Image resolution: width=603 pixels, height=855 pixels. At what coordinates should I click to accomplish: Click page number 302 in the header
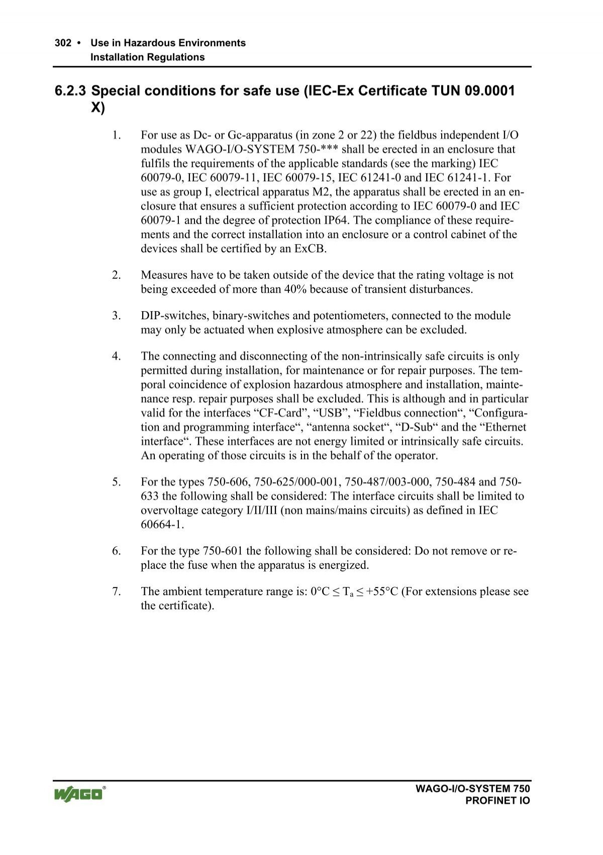coord(63,43)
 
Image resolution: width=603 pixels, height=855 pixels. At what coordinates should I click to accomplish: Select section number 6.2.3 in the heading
coord(70,91)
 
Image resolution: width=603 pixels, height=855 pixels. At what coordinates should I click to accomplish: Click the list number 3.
coord(117,316)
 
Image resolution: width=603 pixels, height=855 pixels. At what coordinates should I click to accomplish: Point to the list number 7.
coord(117,592)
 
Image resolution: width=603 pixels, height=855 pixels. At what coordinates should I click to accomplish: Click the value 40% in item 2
coord(296,290)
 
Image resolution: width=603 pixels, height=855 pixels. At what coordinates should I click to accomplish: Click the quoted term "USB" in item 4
coord(329,413)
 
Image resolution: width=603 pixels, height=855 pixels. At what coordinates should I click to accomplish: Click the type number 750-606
coord(228,482)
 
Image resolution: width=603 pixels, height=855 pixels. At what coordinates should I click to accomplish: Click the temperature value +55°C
coord(381,592)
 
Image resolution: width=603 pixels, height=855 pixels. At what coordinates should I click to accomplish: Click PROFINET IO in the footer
coord(497,801)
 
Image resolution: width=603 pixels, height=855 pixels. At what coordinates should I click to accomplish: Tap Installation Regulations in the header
coord(147,57)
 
